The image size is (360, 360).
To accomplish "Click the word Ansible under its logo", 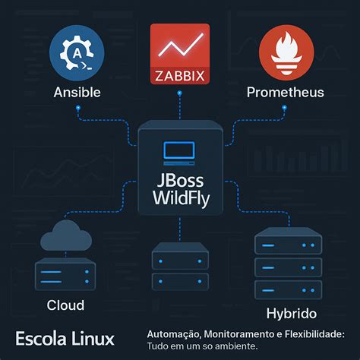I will (77, 93).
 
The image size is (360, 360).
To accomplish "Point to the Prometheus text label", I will (285, 93).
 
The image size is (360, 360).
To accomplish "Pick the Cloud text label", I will (65, 305).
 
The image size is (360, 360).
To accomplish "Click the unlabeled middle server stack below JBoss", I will (179, 266).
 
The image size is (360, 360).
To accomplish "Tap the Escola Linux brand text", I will (65, 338).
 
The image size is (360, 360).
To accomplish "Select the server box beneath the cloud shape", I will (65, 273).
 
